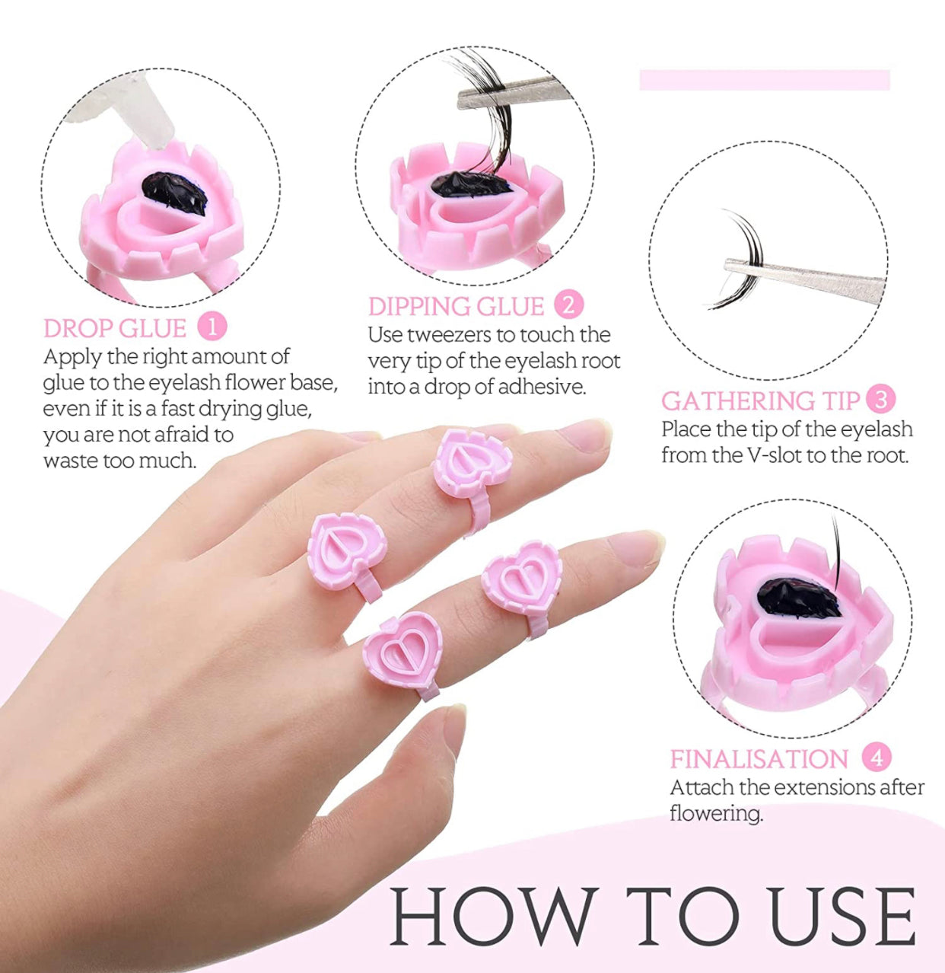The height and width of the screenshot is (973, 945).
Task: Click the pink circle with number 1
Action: click(212, 327)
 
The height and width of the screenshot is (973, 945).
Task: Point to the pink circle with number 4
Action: click(877, 758)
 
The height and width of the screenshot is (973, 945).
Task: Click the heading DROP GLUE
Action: click(115, 328)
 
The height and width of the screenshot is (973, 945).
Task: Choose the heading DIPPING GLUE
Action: click(456, 306)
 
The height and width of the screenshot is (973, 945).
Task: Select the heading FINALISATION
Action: click(759, 759)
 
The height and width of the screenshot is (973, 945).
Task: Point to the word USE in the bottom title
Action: click(844, 917)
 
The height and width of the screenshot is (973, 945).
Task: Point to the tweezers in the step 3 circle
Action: click(807, 279)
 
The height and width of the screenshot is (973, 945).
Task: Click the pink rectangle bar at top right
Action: click(764, 80)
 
